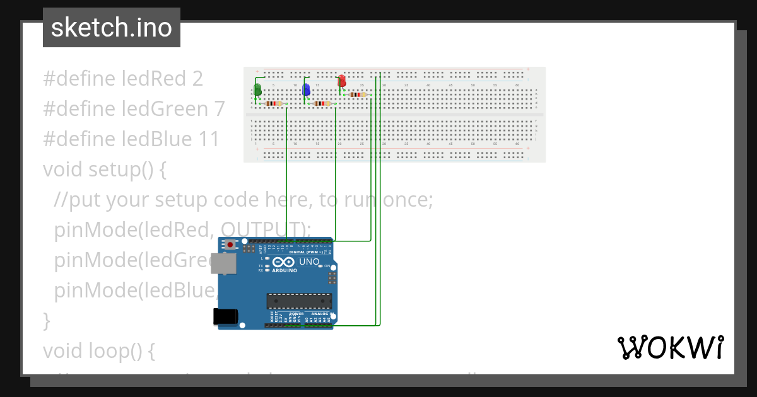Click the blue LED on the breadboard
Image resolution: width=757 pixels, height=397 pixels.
307,89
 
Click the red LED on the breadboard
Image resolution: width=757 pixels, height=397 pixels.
342,81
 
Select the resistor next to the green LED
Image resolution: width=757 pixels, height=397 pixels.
274,103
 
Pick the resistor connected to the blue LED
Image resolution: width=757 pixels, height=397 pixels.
322,103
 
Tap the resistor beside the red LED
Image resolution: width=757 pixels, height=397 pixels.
358,95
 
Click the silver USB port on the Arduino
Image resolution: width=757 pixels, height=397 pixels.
224,263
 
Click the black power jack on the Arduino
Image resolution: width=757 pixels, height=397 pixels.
225,316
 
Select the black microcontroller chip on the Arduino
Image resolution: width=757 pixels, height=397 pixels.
298,302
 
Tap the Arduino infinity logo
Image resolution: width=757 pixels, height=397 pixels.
284,262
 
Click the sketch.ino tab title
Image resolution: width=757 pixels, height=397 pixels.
112,28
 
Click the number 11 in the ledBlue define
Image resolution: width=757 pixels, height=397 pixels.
209,139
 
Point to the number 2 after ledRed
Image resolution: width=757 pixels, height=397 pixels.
197,79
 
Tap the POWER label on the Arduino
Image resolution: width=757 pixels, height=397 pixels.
297,313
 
